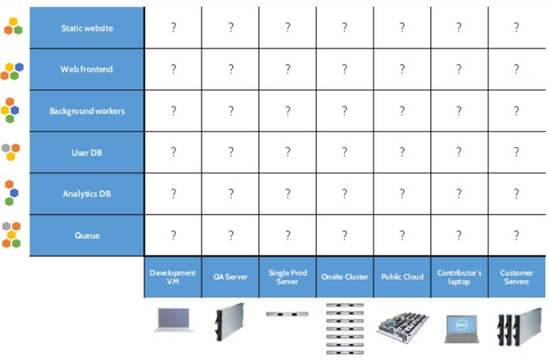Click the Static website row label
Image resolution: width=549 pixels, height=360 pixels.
coord(87,28)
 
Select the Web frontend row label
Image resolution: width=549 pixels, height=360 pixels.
coord(87,69)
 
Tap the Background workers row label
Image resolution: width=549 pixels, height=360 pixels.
coord(87,111)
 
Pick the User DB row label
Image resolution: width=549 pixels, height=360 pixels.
coord(87,153)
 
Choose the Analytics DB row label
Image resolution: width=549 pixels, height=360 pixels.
coord(87,194)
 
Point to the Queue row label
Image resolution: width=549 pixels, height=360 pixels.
coord(87,235)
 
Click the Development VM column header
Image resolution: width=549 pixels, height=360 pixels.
coord(173,277)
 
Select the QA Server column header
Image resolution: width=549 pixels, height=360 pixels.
coord(230,277)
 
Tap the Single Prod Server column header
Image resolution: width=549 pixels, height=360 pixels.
coord(287,277)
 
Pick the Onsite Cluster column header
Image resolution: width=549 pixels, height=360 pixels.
coord(345,277)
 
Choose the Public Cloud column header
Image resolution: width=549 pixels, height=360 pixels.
coord(402,277)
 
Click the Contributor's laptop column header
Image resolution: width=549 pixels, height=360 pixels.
coord(459,277)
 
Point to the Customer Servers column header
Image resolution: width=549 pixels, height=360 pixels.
coord(516,277)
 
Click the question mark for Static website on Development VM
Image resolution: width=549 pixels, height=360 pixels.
coord(173,27)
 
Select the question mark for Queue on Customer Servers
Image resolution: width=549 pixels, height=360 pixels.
coord(516,235)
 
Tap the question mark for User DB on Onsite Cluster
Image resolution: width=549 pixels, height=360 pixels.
coord(345,152)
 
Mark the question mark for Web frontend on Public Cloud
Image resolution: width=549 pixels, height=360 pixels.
coord(402,69)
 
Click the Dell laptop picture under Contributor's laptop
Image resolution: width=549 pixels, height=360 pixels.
coord(461,328)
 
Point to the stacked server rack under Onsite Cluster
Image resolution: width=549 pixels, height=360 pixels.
coord(345,328)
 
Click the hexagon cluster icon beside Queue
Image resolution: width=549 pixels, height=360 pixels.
coord(11,235)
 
